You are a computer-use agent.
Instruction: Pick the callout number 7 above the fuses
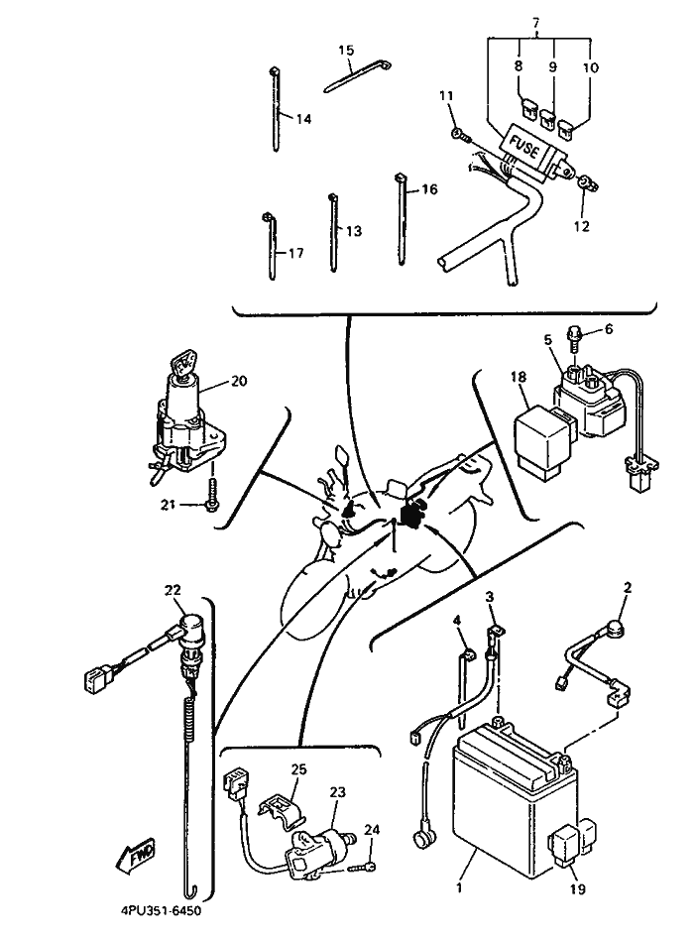(536, 22)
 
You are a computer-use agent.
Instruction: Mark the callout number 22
(174, 591)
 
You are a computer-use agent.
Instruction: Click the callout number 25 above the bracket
(298, 768)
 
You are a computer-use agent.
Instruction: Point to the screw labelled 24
(369, 868)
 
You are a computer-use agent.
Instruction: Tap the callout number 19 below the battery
(579, 889)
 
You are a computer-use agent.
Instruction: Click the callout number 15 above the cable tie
(346, 50)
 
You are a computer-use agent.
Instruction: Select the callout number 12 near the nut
(581, 226)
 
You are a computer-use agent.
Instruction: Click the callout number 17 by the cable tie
(295, 254)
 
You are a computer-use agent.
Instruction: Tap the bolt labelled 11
(455, 133)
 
